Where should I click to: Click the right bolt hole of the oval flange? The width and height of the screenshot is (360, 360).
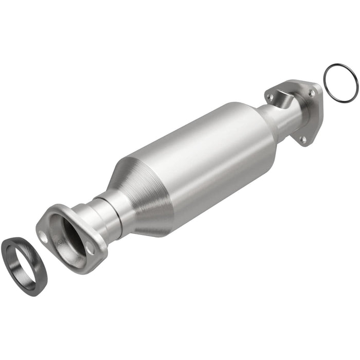(x=91, y=249)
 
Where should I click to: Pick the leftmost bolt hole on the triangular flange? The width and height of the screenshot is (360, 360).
(x=269, y=96)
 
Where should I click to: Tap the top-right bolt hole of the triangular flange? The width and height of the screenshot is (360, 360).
(x=312, y=93)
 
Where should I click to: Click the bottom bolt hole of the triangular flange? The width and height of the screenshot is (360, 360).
(x=303, y=139)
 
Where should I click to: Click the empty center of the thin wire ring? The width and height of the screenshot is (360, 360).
(x=340, y=82)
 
